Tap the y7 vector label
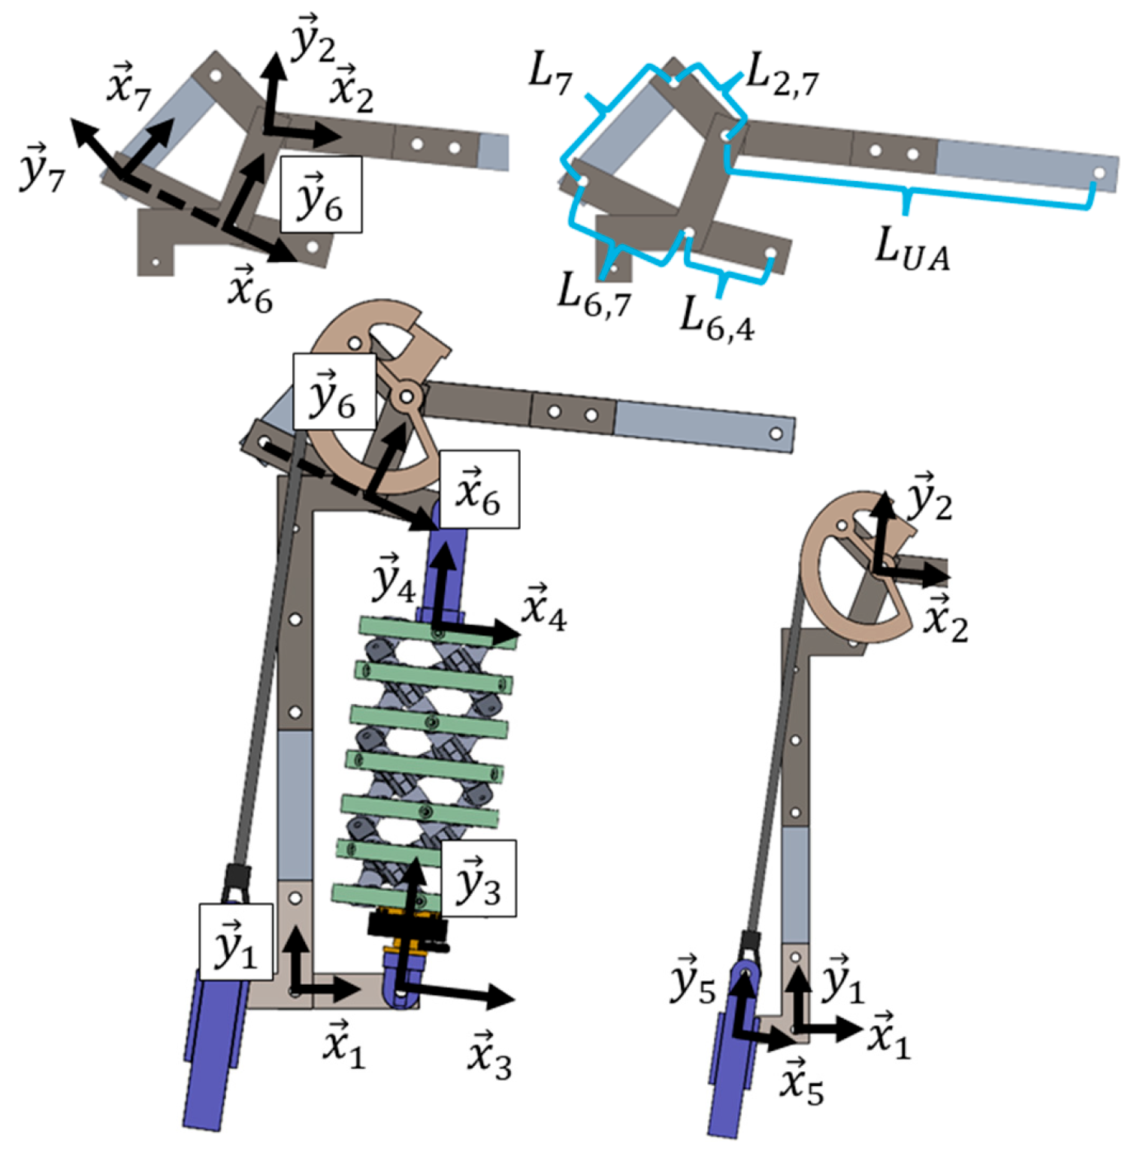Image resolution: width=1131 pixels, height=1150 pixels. point(43,167)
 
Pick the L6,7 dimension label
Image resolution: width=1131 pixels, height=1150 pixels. point(594,295)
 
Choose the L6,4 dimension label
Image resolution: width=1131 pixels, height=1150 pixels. point(718,318)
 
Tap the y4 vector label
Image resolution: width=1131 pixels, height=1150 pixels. point(394,578)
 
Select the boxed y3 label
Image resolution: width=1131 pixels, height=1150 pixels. point(479,878)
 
